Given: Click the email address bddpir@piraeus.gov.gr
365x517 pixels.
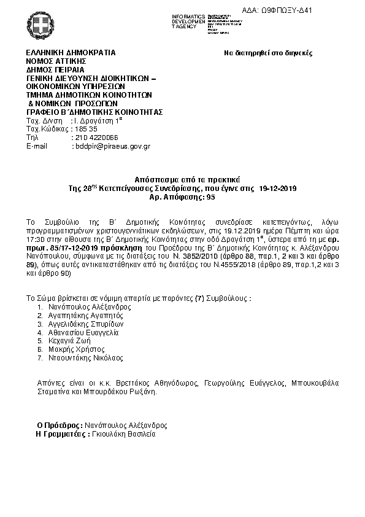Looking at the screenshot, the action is point(112,147).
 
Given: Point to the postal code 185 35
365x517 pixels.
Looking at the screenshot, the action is point(85,130).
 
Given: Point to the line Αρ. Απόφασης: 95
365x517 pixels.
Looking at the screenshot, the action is point(182,198).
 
